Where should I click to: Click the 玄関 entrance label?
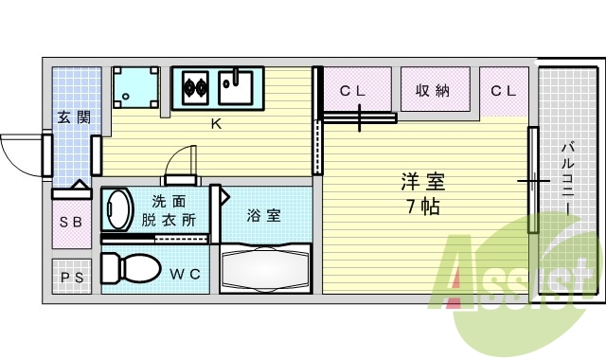[73, 117]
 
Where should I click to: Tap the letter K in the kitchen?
[215, 123]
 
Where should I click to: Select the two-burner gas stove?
[196, 88]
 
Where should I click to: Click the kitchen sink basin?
[234, 88]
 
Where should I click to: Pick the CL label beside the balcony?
[503, 91]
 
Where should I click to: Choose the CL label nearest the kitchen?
[353, 91]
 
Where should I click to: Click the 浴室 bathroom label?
[263, 215]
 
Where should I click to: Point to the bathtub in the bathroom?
[265, 269]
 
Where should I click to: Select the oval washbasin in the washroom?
[118, 210]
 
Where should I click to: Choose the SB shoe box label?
[71, 223]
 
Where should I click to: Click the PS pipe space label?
[71, 278]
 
